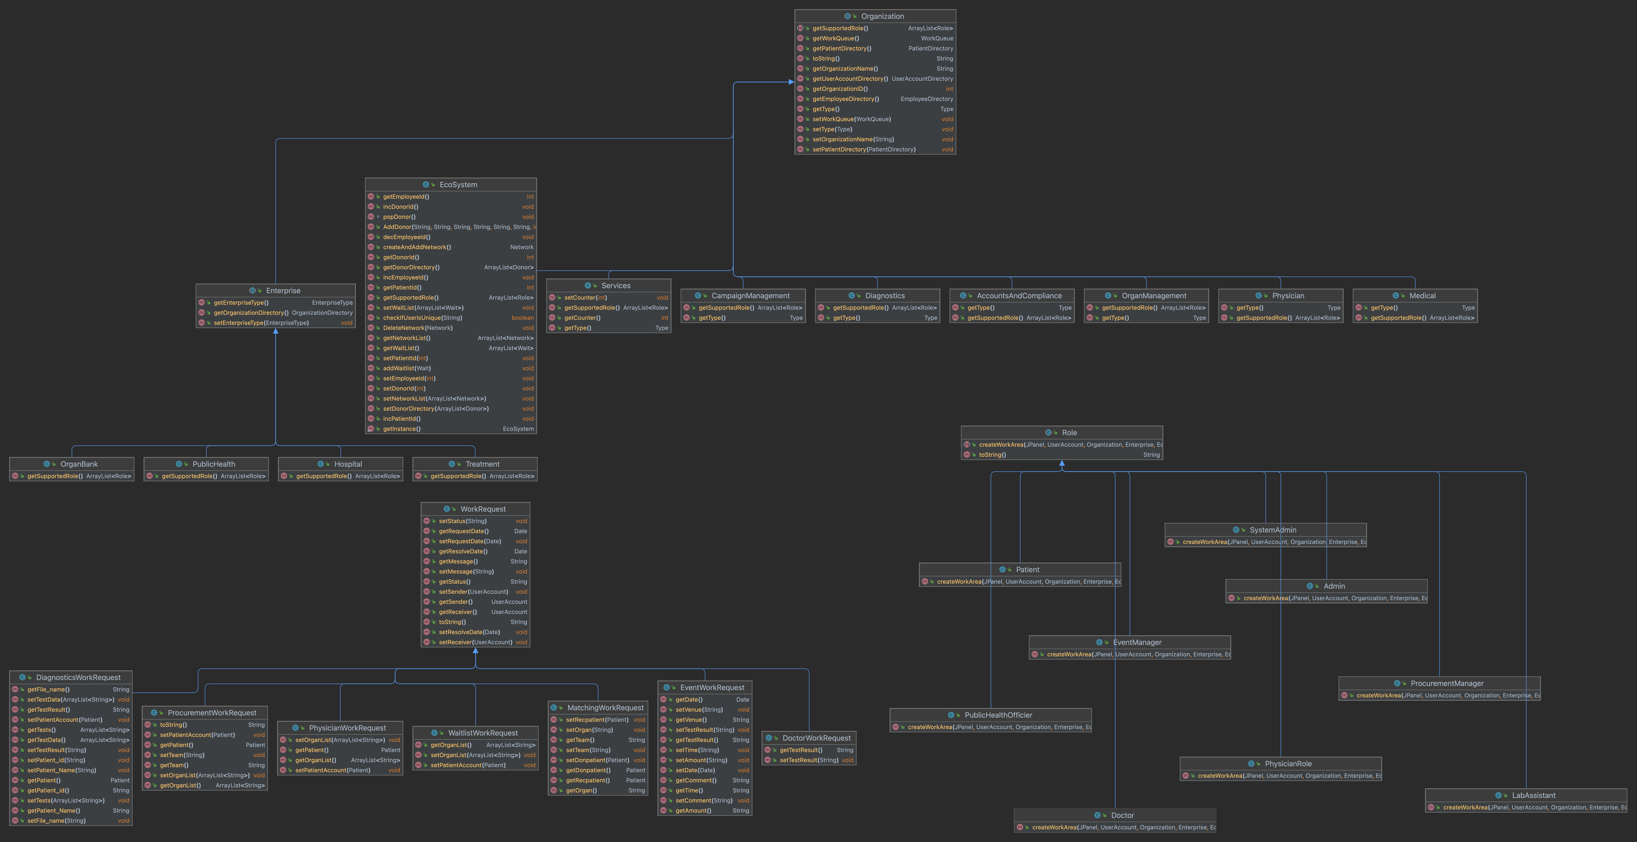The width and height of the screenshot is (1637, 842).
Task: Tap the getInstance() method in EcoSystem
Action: [x=402, y=429]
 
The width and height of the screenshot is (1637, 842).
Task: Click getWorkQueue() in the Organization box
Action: [x=836, y=38]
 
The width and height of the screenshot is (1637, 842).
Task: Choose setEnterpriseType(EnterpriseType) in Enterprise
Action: [x=261, y=323]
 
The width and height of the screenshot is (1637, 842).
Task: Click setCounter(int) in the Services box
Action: [x=585, y=297]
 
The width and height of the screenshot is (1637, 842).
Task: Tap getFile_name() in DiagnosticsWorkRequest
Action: [x=48, y=689]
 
